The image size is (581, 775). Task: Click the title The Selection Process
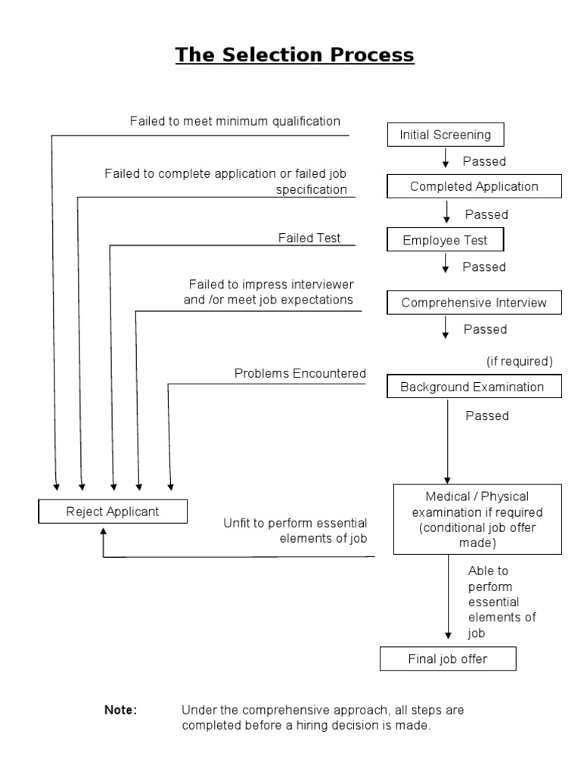[x=295, y=55]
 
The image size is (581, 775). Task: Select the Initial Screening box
[x=445, y=135]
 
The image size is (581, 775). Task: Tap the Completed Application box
[x=474, y=186]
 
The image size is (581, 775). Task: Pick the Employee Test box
[x=445, y=241]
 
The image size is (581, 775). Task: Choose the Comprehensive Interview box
[x=474, y=303]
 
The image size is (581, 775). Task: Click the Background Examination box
[x=472, y=387]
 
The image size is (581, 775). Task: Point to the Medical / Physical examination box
[x=478, y=518]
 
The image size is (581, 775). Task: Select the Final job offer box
[x=448, y=659]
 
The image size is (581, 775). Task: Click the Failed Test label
[x=309, y=238]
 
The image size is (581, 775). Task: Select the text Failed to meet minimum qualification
[x=235, y=121]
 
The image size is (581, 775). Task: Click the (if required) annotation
[x=520, y=361]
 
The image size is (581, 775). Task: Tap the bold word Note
[x=120, y=711]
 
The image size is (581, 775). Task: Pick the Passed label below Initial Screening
[x=484, y=161]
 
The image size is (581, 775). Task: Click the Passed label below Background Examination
[x=487, y=416]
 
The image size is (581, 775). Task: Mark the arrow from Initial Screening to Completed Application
[x=446, y=159]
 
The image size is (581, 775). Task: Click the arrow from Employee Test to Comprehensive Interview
[x=446, y=264]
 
